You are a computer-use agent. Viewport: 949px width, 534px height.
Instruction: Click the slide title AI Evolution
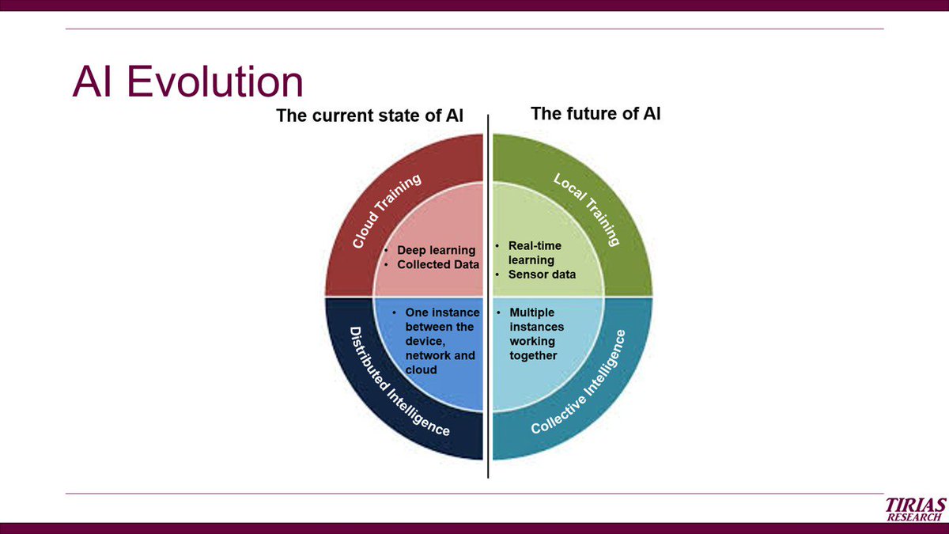point(187,82)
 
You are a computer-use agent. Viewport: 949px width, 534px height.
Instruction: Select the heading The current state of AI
point(369,116)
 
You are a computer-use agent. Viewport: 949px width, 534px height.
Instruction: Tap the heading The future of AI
point(595,114)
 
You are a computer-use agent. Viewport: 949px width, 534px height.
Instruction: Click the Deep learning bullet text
point(436,251)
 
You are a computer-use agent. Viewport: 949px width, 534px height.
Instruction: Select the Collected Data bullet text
point(437,265)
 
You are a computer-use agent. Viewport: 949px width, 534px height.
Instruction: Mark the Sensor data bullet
point(542,275)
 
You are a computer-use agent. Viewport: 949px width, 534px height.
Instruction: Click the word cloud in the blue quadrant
point(421,369)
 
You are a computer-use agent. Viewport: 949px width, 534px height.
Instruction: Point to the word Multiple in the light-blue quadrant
point(531,312)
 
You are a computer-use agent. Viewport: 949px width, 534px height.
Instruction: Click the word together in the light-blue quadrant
point(533,355)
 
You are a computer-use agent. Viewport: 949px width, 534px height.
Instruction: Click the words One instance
point(442,312)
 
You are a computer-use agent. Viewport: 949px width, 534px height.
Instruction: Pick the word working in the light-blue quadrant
point(531,341)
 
